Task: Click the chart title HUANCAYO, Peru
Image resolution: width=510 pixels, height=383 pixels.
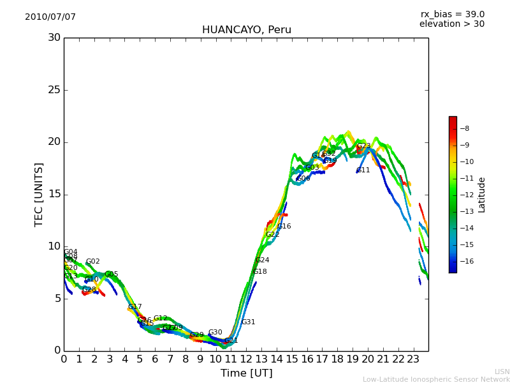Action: pyautogui.click(x=246, y=30)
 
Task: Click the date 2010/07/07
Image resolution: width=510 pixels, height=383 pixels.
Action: pyautogui.click(x=50, y=17)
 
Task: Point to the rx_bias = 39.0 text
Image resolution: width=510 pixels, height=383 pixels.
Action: pyautogui.click(x=452, y=15)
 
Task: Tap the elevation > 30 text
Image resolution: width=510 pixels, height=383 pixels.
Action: pyautogui.click(x=451, y=24)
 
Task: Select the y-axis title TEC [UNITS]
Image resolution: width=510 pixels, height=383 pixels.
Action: pyautogui.click(x=40, y=194)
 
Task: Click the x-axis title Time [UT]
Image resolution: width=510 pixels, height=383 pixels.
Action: pyautogui.click(x=246, y=373)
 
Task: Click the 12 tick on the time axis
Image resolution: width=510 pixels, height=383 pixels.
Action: pyautogui.click(x=246, y=359)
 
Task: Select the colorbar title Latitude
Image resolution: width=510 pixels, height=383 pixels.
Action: pyautogui.click(x=482, y=195)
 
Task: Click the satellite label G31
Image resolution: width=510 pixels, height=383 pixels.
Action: pyautogui.click(x=248, y=322)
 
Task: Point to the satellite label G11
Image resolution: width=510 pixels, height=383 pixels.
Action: pyautogui.click(x=363, y=170)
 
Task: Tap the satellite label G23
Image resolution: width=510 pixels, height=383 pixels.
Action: pyautogui.click(x=363, y=146)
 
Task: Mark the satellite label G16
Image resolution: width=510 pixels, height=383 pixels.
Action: pyautogui.click(x=284, y=227)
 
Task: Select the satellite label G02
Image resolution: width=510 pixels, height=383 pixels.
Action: pyautogui.click(x=93, y=262)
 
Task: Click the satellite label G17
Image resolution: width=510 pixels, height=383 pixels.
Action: pyautogui.click(x=135, y=307)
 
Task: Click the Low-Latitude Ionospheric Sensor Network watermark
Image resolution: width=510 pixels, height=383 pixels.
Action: pyautogui.click(x=436, y=379)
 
